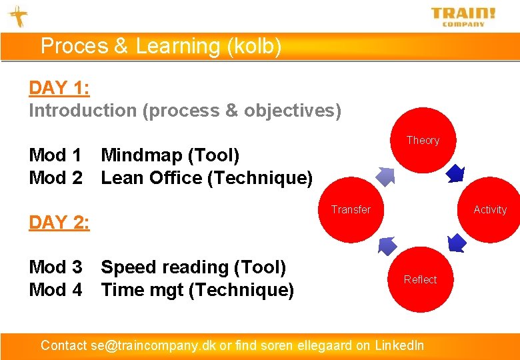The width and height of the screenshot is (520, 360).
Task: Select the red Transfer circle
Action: pos(351,209)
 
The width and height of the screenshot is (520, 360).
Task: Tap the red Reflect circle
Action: pos(420,279)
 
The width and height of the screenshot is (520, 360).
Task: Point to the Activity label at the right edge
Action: pos(490,209)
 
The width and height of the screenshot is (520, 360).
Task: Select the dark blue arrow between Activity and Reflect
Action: pos(457,243)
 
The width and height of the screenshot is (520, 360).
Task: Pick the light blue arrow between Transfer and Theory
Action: pos(386,175)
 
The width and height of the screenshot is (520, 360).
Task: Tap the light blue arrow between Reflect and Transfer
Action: pos(387,245)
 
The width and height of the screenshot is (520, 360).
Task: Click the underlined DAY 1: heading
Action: pos(59,88)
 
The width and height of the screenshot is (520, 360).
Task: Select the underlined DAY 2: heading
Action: pos(59,222)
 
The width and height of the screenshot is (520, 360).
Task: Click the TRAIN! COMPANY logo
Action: pos(463,16)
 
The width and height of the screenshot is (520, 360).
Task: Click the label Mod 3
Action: pos(55,267)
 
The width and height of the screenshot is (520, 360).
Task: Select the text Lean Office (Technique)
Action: pos(206,178)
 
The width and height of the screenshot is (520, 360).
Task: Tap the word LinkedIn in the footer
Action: pos(399,345)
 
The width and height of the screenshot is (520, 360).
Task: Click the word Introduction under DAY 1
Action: pos(83,111)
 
